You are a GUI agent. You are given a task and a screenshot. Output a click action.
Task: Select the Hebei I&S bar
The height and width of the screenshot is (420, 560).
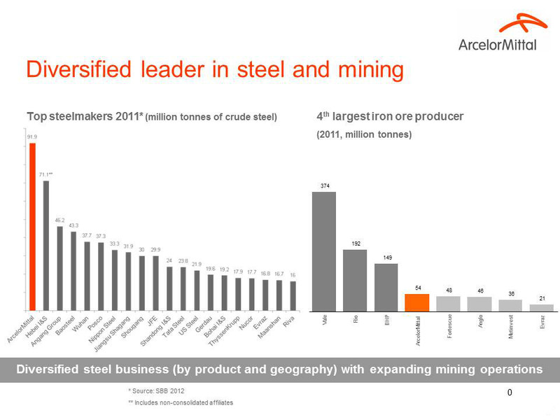pyautogui.click(x=45, y=245)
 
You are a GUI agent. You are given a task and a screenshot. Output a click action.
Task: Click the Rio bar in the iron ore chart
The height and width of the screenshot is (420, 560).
pyautogui.click(x=355, y=279)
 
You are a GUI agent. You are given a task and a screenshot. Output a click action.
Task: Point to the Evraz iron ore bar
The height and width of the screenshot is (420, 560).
pyautogui.click(x=542, y=307)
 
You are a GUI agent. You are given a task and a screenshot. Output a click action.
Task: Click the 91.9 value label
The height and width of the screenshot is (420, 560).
pyautogui.click(x=32, y=137)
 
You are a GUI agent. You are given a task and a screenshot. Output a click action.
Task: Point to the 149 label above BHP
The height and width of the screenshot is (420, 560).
pyautogui.click(x=386, y=258)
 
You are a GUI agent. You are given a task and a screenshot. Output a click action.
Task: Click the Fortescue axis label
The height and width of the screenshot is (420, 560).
pyautogui.click(x=449, y=327)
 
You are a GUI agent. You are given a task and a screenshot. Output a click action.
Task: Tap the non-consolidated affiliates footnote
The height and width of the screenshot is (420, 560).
pyautogui.click(x=180, y=402)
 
